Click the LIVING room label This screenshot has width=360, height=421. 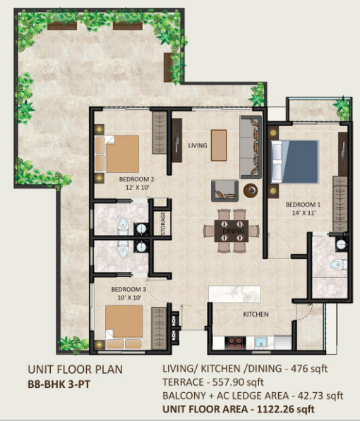coord(198,145)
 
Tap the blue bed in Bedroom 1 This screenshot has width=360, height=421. coord(295,161)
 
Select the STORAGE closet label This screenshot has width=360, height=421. coord(163,224)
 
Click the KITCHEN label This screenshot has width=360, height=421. coord(256,314)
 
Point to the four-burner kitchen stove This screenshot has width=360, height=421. coord(235,343)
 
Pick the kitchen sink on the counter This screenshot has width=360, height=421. coord(260,343)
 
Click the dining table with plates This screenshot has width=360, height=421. coord(232,231)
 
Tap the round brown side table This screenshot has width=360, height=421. coord(251,190)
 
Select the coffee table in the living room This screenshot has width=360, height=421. coord(219,145)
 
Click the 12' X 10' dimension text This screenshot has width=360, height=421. coord(138,188)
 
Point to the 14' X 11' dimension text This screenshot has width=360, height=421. coord(304,213)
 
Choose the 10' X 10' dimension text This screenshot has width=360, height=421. coord(129,298)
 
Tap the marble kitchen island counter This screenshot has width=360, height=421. coord(235,294)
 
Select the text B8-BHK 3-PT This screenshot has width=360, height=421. coord(59,384)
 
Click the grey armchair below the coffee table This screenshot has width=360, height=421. coord(224,190)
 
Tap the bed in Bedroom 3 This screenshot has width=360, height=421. coord(124,327)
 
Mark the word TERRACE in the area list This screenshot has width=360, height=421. coord(183,382)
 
